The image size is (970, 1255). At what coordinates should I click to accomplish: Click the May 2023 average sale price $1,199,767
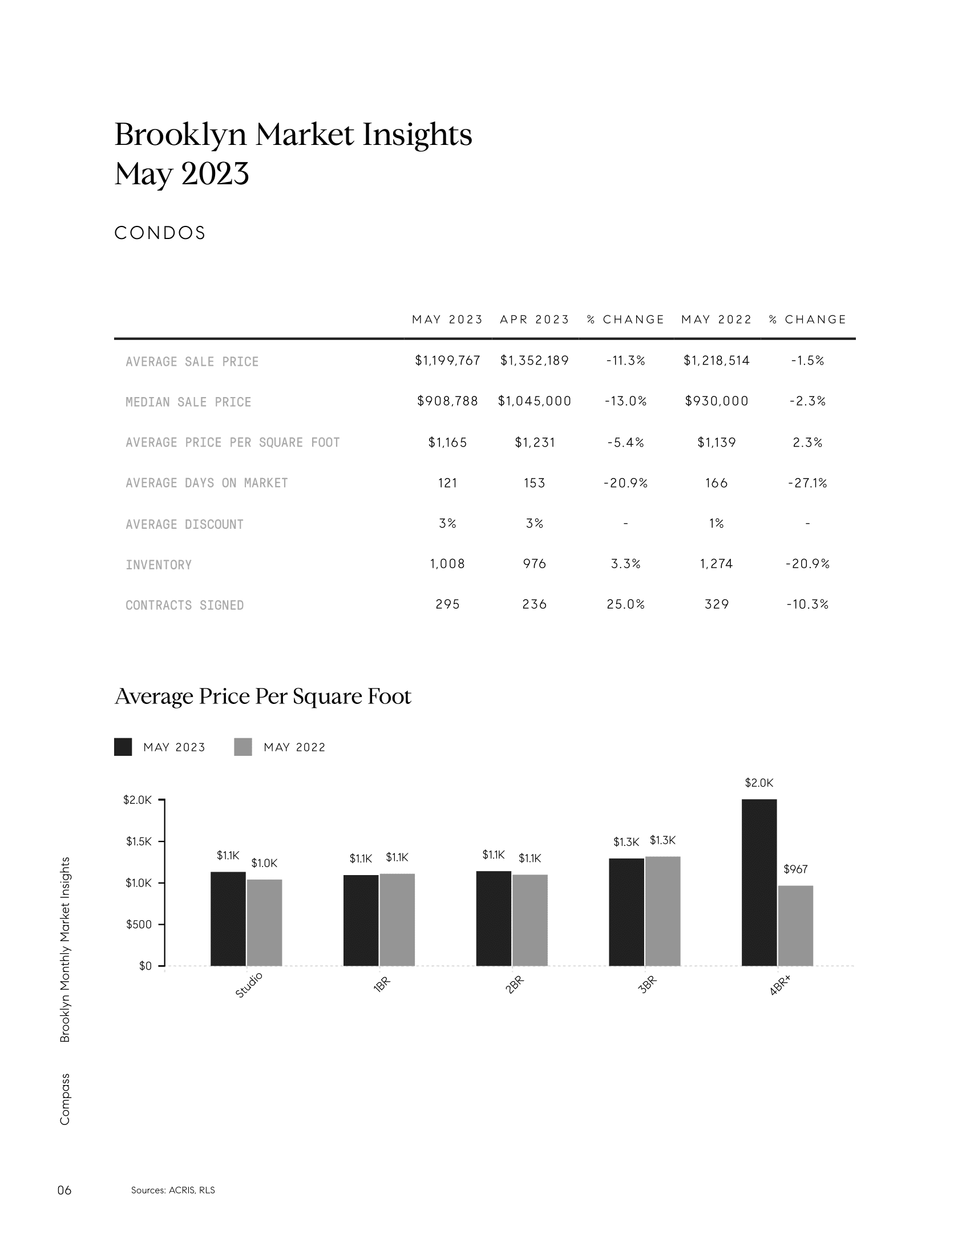[x=447, y=361]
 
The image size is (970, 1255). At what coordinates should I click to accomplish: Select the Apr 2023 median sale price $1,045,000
[x=535, y=401]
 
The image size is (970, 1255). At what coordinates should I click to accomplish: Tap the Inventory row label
[x=159, y=565]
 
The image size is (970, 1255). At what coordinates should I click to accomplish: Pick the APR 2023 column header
[x=535, y=319]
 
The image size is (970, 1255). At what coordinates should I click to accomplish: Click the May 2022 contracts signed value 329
[x=717, y=605]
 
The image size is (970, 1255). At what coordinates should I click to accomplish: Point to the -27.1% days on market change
[x=807, y=483]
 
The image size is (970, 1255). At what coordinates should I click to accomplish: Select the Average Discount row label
[x=184, y=525]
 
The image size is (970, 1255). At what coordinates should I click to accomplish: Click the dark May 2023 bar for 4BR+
[x=759, y=882]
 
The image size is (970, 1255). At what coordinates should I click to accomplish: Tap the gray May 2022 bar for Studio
[x=264, y=922]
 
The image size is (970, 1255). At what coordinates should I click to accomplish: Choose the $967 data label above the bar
[x=795, y=869]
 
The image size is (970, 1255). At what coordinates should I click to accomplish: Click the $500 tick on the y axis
[x=139, y=925]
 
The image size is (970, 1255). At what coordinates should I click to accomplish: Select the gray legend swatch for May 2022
[x=243, y=747]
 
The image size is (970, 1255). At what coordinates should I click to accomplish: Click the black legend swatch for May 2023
[x=123, y=747]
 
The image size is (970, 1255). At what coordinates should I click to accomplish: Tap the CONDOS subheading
[x=160, y=233]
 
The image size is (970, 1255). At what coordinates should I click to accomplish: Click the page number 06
[x=64, y=1190]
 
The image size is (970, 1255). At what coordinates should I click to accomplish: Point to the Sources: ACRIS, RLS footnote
[x=173, y=1190]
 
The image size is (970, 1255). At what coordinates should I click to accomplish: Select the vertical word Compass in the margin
[x=64, y=1099]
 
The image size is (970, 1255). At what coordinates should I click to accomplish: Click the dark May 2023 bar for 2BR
[x=494, y=918]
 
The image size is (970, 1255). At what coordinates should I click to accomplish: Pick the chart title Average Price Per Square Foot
[x=263, y=697]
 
